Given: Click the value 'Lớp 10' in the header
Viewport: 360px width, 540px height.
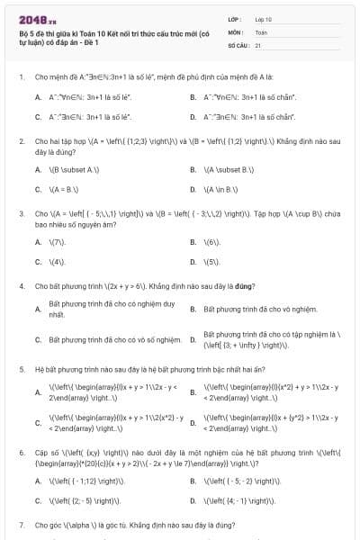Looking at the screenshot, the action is [x=263, y=19].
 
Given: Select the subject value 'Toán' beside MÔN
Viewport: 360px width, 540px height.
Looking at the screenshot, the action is [x=261, y=31].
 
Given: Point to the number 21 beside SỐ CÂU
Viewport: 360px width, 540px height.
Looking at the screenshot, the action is [x=258, y=43].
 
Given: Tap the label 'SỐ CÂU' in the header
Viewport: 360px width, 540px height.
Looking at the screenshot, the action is [x=238, y=43].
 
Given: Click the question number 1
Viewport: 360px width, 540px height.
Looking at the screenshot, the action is [x=21, y=76].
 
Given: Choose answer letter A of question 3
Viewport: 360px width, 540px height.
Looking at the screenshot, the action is [x=38, y=242].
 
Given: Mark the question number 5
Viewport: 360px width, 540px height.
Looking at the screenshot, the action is [x=21, y=369].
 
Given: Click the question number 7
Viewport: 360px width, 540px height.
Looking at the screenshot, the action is [x=21, y=524].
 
